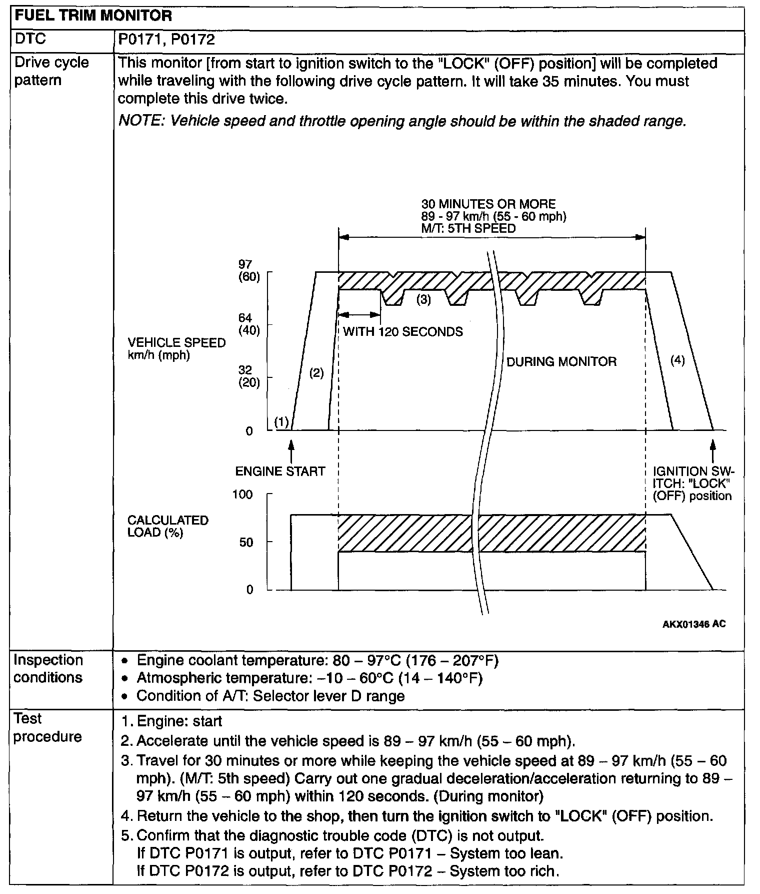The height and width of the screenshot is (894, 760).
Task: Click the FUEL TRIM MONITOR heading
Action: point(93,16)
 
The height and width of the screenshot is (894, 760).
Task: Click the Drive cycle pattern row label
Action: point(51,71)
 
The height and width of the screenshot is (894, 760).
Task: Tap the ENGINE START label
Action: point(280,472)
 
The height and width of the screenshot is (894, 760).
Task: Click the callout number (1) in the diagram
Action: point(282,422)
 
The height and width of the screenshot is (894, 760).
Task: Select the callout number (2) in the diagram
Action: point(316,373)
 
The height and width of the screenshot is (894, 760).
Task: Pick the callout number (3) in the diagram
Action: point(423,300)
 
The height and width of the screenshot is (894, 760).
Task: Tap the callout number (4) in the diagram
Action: point(677,360)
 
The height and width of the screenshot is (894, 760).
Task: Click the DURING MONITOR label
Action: point(561,362)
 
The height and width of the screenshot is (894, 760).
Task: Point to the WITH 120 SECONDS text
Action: point(403,332)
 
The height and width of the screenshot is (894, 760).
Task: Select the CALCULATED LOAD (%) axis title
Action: point(167,526)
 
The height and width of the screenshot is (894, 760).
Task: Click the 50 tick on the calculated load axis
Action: point(246,542)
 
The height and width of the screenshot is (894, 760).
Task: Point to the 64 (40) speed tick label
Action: point(249,324)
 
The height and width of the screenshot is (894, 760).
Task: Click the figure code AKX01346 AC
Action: point(694,624)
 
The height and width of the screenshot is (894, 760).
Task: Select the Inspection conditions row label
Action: point(48,669)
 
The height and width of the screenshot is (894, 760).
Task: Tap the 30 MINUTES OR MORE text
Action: point(488,204)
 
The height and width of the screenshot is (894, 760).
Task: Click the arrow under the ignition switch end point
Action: point(713,448)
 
